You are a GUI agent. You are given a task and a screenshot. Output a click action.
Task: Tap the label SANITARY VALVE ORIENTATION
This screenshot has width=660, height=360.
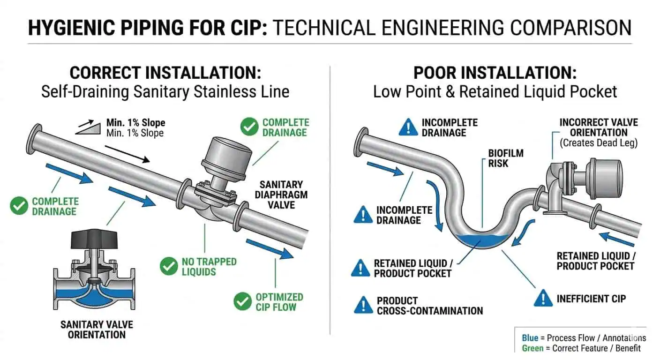coord(97,330)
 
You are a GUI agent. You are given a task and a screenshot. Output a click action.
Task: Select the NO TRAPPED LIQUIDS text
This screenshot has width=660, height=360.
coord(209,267)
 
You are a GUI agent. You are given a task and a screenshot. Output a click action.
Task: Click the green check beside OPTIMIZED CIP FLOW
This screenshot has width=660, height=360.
coord(242,301)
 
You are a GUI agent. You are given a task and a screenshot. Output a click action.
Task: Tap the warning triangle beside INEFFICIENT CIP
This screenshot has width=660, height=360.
coord(543,298)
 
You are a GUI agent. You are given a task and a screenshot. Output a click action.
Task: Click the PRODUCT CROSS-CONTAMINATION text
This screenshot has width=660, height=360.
coord(429,305)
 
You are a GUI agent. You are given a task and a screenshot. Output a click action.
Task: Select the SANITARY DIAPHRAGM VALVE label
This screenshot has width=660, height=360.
coord(281,195)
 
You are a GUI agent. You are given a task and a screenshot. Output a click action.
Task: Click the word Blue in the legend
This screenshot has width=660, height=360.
coord(530,338)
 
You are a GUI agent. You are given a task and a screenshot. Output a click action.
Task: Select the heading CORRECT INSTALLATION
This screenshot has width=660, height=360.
coord(165,73)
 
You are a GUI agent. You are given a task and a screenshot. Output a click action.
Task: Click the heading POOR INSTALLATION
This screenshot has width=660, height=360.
coord(495,73)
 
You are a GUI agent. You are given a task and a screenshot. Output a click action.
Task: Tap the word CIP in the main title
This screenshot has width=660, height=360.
coord(244,28)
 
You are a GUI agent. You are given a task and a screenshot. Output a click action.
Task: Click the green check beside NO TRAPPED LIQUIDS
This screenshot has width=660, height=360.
coord(168,266)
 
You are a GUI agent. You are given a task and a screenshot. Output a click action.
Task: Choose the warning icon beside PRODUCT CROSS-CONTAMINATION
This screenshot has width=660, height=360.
coord(363,305)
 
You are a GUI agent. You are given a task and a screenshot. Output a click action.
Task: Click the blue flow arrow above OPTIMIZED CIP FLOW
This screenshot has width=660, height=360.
coord(269,248)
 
